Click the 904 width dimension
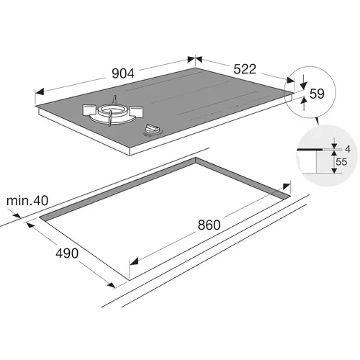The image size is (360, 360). coord(123,73)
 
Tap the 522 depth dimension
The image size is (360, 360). coord(245,69)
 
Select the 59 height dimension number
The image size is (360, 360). coord(317,94)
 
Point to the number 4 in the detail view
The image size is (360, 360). coord(348,149)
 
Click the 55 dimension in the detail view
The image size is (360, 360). coord(341,162)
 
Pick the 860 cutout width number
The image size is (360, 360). coord(209,225)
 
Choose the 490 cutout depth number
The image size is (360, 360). coord(67,253)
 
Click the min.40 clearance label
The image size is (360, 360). coord(27,201)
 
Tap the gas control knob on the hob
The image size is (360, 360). coord(152,129)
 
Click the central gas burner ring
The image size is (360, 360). coord(112,110)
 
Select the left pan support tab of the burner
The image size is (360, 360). coord(90,109)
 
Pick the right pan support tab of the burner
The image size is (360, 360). coord(136,112)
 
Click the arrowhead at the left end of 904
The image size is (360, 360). coord(40,92)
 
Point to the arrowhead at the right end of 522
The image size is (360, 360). coord(290,80)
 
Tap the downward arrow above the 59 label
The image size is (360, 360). coord(304,85)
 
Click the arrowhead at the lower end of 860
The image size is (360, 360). coord(134,261)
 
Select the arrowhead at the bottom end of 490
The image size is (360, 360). coord(111,285)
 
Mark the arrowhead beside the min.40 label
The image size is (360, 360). coord(17,215)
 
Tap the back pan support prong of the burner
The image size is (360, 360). coord(115,99)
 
